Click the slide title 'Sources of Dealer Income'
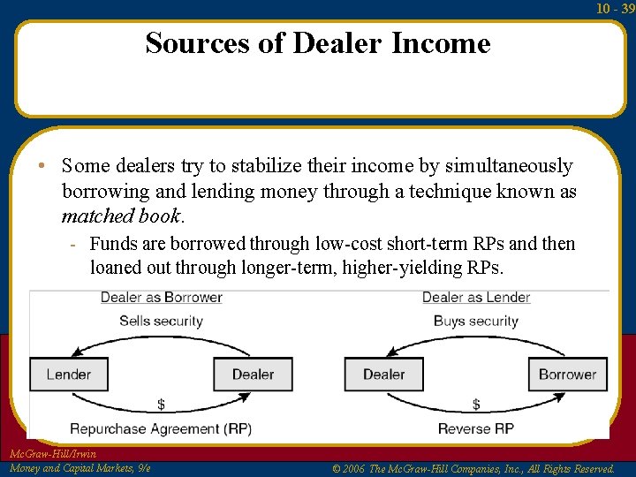point(318,42)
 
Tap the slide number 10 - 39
point(615,9)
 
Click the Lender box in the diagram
point(69,374)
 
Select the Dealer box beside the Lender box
point(253,374)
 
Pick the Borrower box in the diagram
point(567,374)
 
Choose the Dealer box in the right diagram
point(383,374)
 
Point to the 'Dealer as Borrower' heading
point(161,298)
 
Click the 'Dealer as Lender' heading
point(476,298)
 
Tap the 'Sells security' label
point(161,321)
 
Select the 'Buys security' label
point(476,321)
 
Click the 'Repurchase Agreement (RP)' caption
point(161,429)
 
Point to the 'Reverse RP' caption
point(476,429)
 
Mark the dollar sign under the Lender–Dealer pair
point(161,405)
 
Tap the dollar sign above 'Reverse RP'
point(476,405)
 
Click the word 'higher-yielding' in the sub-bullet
point(416,268)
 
